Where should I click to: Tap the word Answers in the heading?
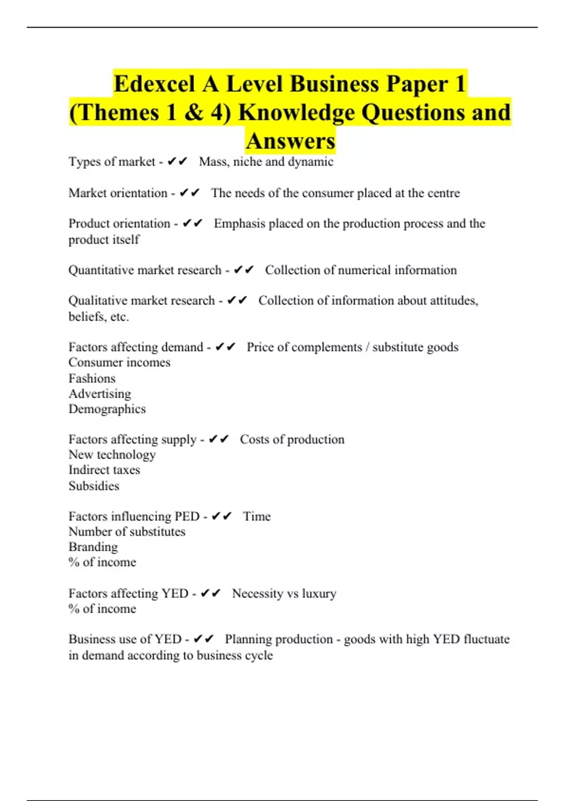click(291, 141)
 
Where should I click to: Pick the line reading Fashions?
click(92, 378)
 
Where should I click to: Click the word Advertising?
click(100, 394)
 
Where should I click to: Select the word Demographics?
click(107, 409)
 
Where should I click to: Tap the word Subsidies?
click(94, 486)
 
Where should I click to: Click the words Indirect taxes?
click(104, 470)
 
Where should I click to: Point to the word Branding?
click(93, 547)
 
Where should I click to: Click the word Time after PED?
click(257, 516)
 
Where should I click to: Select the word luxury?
click(319, 594)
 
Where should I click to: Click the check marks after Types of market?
click(178, 162)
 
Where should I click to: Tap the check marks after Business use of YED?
click(204, 639)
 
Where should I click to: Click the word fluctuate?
click(486, 639)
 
